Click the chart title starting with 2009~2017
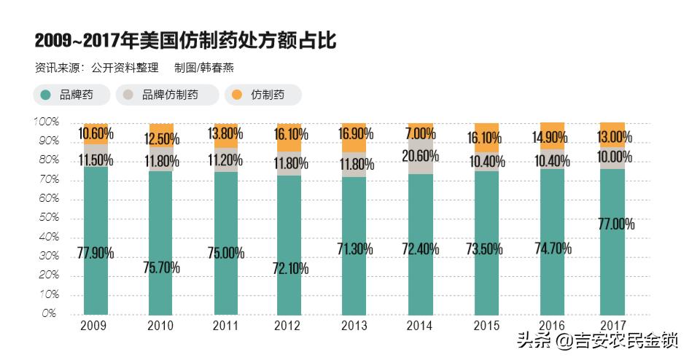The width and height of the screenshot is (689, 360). [185, 40]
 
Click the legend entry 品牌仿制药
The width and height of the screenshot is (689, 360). [167, 95]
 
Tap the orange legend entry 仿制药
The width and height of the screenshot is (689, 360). [263, 95]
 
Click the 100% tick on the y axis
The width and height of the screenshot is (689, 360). [45, 122]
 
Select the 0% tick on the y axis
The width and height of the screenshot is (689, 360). [49, 314]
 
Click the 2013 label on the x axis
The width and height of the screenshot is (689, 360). [354, 326]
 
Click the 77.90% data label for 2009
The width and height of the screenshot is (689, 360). [96, 254]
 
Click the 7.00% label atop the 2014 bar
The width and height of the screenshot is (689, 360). [420, 134]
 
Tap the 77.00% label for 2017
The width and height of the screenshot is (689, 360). [615, 224]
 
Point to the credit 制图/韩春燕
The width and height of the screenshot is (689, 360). [203, 68]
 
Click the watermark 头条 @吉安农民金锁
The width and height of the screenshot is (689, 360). [597, 340]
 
